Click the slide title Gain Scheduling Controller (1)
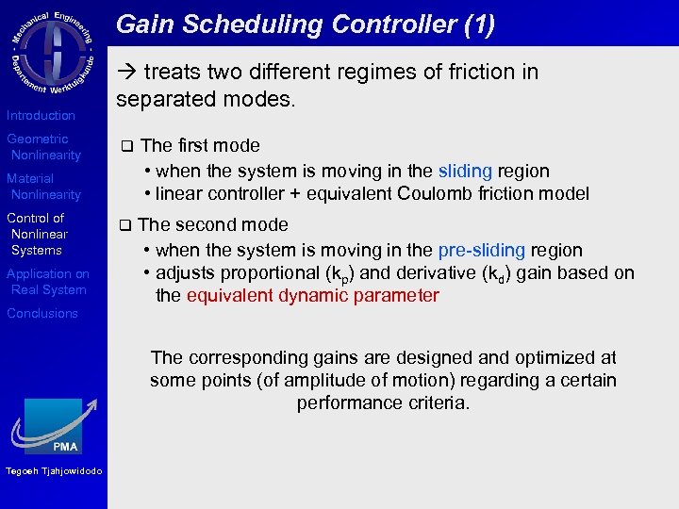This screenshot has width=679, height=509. (x=305, y=24)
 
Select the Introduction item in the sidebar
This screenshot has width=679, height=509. (x=41, y=115)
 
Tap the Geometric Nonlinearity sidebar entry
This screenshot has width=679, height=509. (x=44, y=147)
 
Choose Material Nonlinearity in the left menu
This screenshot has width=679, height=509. (x=44, y=187)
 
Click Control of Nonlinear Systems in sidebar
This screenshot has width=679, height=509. (x=38, y=234)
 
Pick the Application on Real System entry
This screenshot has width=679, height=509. (x=48, y=282)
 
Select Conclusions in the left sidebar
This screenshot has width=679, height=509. (x=42, y=313)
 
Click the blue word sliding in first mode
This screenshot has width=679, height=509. (x=465, y=171)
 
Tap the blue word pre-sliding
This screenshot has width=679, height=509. (x=481, y=250)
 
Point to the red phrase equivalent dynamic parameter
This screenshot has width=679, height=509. (x=312, y=296)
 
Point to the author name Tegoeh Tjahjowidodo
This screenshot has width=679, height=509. (x=54, y=472)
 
